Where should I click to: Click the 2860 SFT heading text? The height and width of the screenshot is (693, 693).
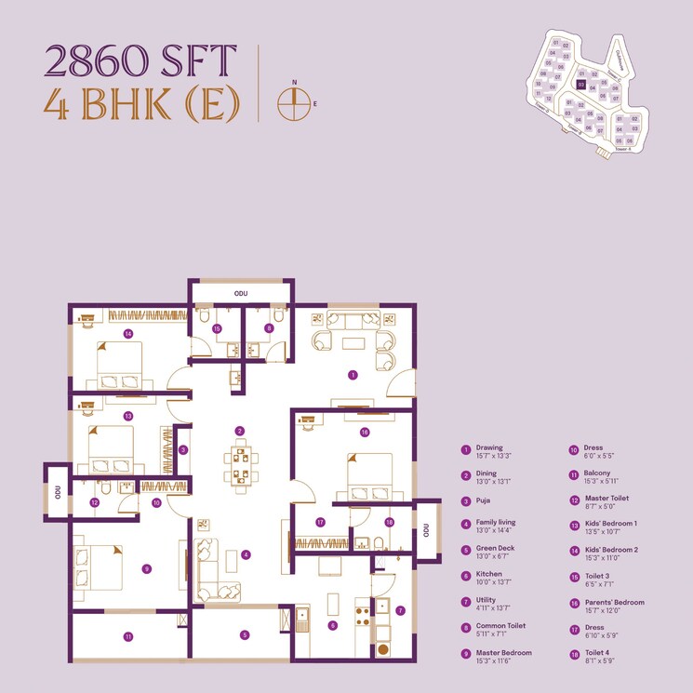pos(136,62)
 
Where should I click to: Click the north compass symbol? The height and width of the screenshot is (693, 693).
pos(292,103)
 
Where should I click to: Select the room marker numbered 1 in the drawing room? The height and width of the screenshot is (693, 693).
pos(353,375)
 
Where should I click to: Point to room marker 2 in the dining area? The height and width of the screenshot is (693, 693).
pos(239,431)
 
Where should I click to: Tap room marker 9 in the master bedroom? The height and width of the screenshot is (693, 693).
pos(147,568)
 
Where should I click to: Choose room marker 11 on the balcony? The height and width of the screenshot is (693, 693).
pos(128,636)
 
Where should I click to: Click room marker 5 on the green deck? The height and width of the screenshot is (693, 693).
pos(245,635)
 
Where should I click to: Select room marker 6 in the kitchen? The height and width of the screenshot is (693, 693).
pos(332,625)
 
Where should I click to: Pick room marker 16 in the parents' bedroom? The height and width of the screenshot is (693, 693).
pos(365,433)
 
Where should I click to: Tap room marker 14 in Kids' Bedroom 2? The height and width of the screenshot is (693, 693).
pos(128,333)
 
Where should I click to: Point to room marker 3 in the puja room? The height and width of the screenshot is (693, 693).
pos(182,449)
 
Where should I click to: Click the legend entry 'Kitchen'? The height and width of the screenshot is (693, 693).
pos(489,574)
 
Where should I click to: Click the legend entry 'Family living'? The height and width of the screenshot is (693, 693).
pos(496,522)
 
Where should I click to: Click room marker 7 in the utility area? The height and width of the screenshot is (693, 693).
pos(400,611)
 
